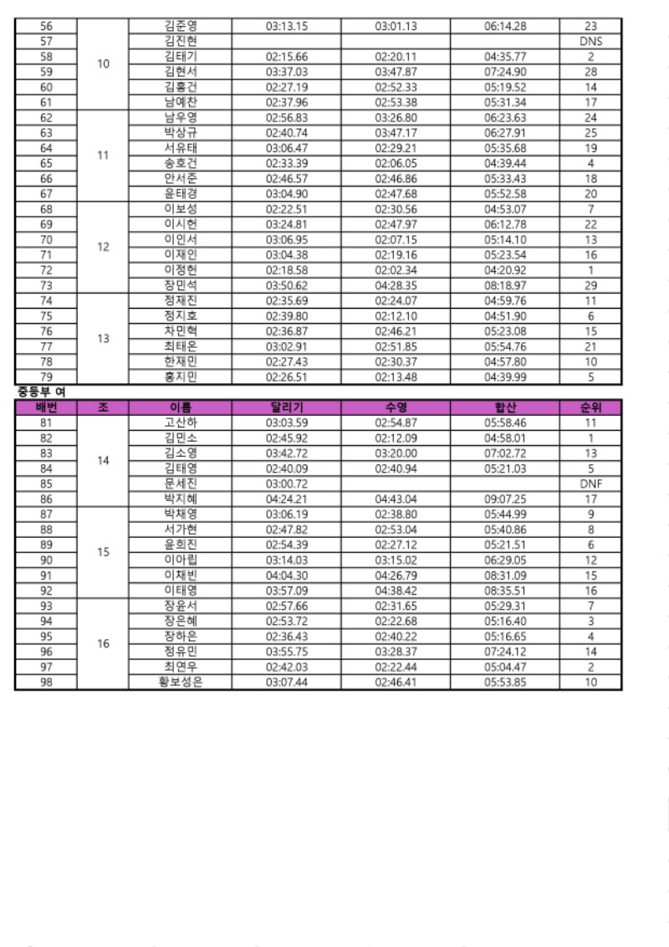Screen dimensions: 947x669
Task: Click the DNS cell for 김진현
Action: click(591, 41)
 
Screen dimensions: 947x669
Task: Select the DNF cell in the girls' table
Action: click(591, 484)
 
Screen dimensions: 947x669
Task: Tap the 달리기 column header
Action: click(287, 408)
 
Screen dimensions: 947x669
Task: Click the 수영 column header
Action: click(396, 408)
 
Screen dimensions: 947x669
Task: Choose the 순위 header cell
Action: click(591, 408)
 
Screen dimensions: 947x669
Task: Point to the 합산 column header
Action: click(505, 408)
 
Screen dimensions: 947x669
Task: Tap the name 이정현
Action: click(181, 270)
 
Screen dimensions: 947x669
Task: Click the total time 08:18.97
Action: click(505, 285)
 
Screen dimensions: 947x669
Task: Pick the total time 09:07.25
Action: click(505, 499)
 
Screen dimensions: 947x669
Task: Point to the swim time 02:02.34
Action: click(396, 270)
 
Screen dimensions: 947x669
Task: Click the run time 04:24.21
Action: click(287, 499)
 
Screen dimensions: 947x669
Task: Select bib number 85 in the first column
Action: click(46, 484)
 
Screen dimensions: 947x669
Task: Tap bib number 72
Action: click(46, 270)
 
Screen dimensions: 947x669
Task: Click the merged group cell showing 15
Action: click(103, 552)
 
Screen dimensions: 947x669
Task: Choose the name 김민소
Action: click(181, 438)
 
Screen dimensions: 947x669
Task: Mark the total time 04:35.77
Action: click(505, 57)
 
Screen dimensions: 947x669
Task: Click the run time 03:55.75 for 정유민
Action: click(287, 652)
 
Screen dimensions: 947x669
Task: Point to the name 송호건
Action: click(181, 163)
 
